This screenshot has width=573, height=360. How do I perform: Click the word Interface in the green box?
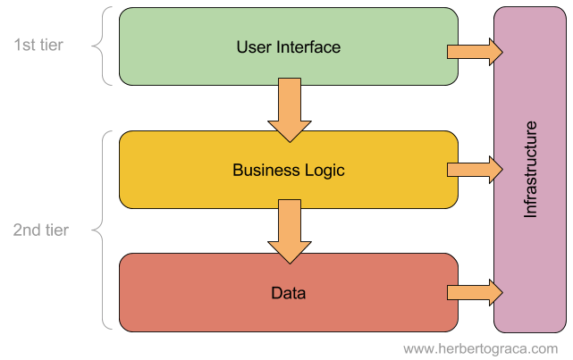(308, 47)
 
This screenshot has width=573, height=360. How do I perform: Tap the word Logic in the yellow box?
(324, 171)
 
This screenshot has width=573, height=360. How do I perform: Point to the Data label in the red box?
(289, 293)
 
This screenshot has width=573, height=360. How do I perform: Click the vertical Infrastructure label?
(530, 170)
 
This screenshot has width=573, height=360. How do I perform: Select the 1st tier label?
(38, 45)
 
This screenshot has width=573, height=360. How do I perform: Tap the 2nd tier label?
(40, 230)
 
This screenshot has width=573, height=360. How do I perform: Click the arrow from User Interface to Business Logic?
(290, 110)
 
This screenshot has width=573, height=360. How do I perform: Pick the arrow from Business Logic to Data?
(290, 231)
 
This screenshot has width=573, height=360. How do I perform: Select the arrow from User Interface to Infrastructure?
(475, 52)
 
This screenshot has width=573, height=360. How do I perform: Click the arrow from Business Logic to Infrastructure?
(475, 170)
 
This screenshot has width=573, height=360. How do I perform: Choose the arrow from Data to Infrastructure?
(475, 292)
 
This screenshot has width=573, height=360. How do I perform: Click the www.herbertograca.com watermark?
(481, 348)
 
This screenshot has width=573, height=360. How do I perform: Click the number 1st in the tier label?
(25, 45)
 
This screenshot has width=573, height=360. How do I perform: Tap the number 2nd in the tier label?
(27, 230)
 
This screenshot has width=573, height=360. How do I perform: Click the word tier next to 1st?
(52, 45)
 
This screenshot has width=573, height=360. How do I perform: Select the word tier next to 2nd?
(56, 230)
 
